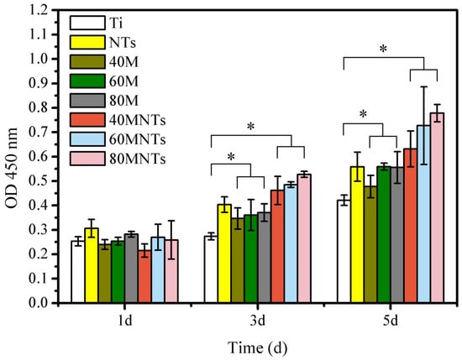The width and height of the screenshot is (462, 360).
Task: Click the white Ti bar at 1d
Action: click(78, 272)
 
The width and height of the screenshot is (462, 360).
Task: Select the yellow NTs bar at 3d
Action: click(224, 253)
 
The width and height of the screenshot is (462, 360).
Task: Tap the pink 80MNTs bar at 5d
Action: click(437, 207)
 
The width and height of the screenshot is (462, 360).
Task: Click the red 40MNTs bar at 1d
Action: click(144, 276)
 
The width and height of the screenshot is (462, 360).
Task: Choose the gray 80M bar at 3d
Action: click(264, 258)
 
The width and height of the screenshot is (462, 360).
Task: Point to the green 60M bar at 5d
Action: click(384, 235)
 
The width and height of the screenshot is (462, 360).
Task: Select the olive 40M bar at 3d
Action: click(238, 260)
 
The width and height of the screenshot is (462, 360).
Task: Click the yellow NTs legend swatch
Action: click(87, 42)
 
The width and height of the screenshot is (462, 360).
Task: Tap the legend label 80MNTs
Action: click(137, 159)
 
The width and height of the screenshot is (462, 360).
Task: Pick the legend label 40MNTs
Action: click(137, 120)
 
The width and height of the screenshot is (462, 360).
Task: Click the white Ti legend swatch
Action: click(87, 23)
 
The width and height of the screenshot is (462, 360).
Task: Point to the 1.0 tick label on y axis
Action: click(38, 60)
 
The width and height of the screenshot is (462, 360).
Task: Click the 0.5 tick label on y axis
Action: click(38, 181)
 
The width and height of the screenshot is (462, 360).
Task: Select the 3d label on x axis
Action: click(258, 321)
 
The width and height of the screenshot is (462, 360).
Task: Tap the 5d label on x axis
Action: click(391, 321)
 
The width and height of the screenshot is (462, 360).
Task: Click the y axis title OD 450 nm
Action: click(12, 168)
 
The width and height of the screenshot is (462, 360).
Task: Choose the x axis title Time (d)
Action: click(258, 348)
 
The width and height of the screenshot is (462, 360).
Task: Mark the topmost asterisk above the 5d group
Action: click(383, 49)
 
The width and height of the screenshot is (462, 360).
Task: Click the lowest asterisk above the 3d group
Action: click(231, 157)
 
